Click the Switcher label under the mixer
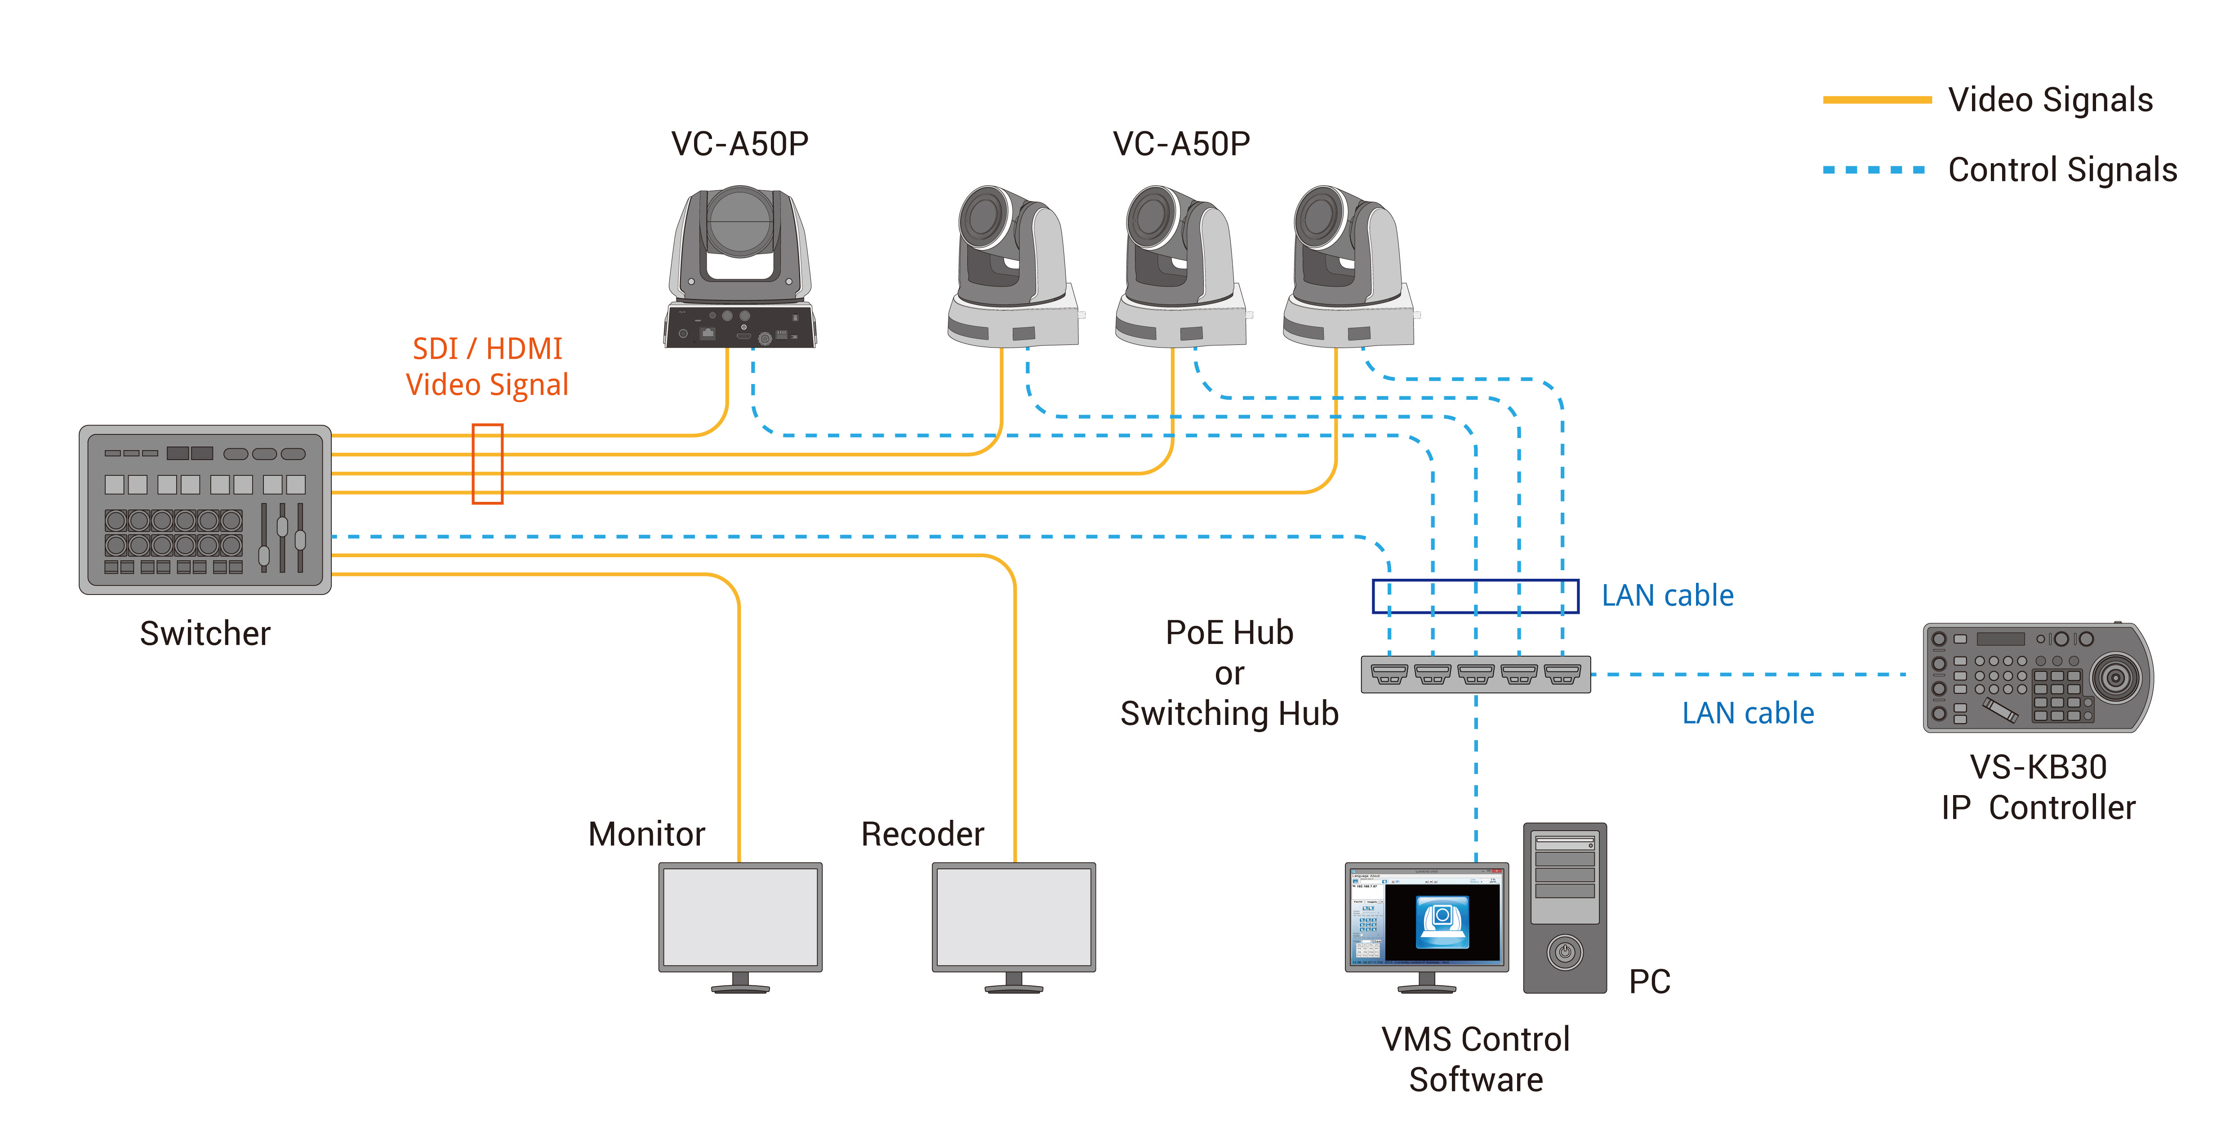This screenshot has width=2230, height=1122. tap(205, 634)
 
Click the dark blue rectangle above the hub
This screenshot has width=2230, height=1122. tap(1475, 596)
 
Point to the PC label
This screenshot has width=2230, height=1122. tap(1649, 982)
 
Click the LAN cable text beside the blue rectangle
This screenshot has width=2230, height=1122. tap(1667, 596)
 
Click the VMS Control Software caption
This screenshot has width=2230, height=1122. tap(1475, 1059)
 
